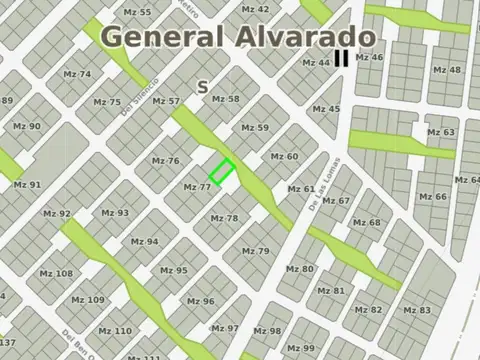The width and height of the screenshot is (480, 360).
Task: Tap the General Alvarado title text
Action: click(238, 37)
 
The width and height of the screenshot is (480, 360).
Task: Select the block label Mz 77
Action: click(197, 187)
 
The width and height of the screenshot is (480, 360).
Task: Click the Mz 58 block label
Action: click(226, 99)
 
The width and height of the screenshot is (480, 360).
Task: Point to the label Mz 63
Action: click(441, 132)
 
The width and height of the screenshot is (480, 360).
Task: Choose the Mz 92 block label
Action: click(57, 213)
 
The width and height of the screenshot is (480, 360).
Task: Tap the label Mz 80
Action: click(299, 269)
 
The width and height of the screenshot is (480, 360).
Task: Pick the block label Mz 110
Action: click(116, 331)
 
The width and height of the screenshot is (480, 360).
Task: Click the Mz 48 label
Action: click(447, 70)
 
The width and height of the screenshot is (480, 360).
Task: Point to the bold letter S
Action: click(203, 87)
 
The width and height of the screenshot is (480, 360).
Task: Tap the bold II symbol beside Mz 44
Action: click(342, 59)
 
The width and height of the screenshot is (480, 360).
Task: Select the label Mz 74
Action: click(77, 74)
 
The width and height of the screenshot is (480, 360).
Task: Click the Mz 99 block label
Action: click(300, 347)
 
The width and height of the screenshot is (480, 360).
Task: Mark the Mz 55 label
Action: click(138, 12)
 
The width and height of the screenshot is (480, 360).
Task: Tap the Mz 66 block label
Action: click(433, 197)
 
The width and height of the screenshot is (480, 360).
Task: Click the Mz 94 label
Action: click(145, 241)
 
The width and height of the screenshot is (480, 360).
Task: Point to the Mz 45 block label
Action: click(326, 109)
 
